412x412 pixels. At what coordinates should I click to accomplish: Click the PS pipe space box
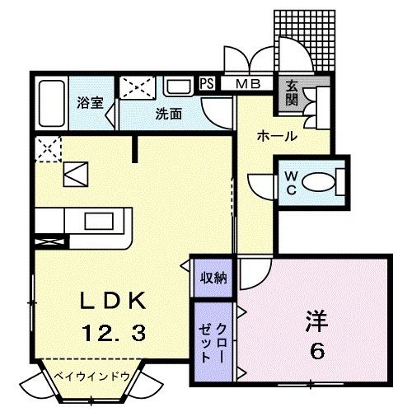(207, 83)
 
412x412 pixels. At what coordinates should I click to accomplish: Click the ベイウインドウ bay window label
(93, 375)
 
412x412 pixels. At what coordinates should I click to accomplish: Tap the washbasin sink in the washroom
(176, 87)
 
